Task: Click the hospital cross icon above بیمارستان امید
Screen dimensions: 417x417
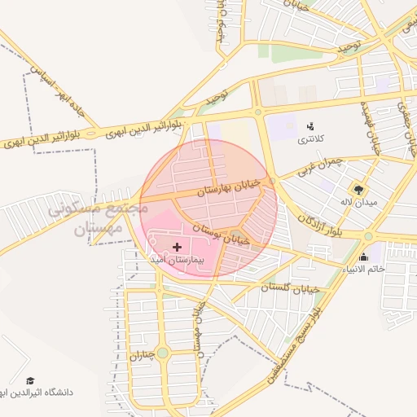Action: [178, 245]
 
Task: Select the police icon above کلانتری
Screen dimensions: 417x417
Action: [310, 125]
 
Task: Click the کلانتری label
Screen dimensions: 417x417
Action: [309, 138]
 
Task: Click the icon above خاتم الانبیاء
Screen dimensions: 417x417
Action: [364, 257]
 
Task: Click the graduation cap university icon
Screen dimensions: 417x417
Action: [31, 380]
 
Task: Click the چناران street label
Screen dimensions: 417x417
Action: [141, 354]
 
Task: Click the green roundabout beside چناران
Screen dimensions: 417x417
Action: [162, 353]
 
